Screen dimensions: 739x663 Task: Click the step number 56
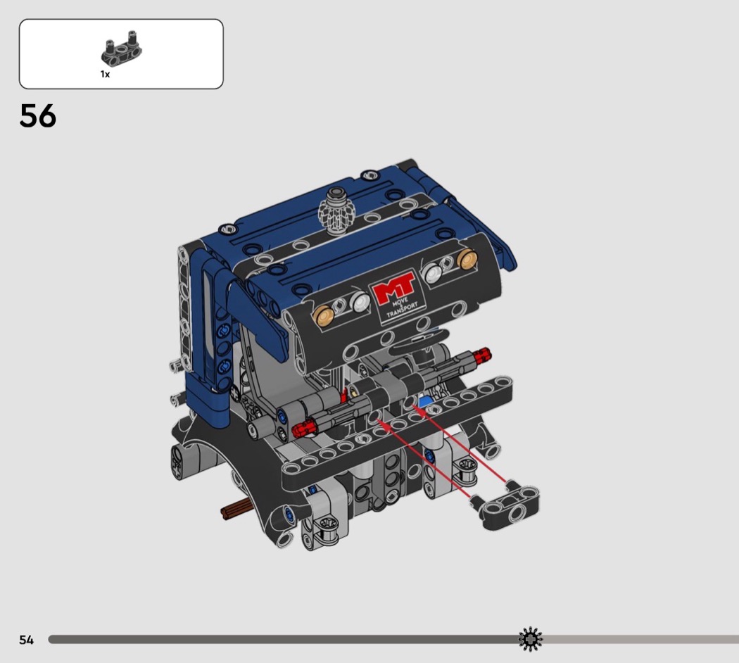[38, 116]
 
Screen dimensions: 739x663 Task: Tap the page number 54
[27, 640]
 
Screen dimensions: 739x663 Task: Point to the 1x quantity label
[105, 74]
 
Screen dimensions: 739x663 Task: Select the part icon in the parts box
[122, 48]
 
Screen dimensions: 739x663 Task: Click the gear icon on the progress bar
[531, 640]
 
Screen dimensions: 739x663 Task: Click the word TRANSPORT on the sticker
[402, 310]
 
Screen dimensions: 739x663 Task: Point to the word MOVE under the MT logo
[400, 301]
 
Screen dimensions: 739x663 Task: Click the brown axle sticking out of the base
[236, 510]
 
